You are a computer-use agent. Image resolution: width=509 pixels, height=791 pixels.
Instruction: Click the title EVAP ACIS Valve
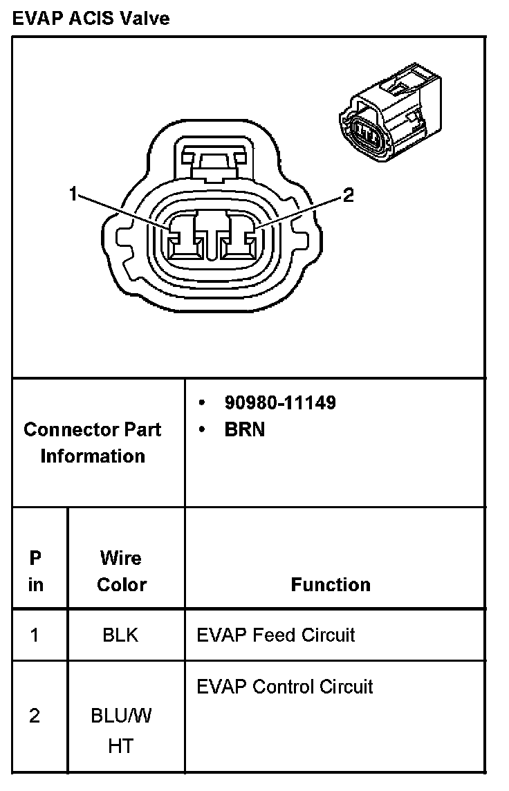pos(91,19)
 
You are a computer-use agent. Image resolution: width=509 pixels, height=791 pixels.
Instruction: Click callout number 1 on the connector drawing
pos(73,194)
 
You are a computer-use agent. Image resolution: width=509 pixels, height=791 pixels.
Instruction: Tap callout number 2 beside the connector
pos(348,196)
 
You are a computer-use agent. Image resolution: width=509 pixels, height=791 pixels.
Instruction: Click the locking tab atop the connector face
pos(213,160)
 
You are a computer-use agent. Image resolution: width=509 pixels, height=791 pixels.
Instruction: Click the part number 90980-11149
pos(279,402)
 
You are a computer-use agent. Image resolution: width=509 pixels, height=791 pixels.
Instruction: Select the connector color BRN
pos(244,429)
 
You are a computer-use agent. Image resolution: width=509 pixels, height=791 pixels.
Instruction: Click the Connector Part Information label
pos(93,443)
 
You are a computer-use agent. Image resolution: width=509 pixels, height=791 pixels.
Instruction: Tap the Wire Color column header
pos(121,571)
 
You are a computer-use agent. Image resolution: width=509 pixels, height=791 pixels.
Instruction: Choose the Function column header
pos(331,585)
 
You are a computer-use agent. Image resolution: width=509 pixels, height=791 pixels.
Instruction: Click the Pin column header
pos(35,571)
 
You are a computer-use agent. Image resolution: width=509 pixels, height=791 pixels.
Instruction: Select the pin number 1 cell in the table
pos(35,635)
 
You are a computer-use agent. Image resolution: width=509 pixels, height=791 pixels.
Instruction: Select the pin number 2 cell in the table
pos(35,716)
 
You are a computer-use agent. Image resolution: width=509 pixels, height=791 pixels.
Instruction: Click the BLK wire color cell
pos(120,635)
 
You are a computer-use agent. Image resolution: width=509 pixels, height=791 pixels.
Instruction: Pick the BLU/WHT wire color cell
pos(121,731)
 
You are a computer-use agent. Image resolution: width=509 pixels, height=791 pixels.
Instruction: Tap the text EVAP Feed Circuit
pos(275,635)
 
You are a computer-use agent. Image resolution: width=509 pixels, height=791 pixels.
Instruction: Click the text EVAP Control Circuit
pos(284,687)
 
